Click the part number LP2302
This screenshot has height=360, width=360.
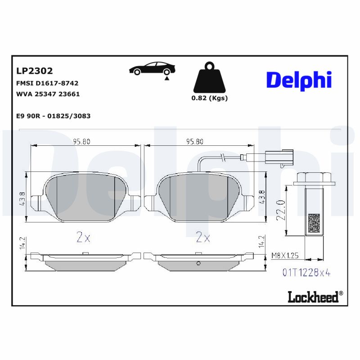[34, 71]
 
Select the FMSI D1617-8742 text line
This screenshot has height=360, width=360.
[47, 83]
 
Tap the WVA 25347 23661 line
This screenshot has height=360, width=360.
[48, 94]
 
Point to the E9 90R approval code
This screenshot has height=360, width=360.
[53, 116]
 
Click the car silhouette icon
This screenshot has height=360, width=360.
[152, 69]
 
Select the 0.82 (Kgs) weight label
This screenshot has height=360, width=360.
[209, 98]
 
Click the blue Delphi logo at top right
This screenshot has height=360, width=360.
[299, 80]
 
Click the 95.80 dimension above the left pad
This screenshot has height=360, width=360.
[82, 141]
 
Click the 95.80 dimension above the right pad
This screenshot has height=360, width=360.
[195, 141]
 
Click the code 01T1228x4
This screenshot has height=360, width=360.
[306, 272]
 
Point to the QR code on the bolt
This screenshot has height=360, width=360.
[313, 223]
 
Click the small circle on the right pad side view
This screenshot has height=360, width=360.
[198, 264]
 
